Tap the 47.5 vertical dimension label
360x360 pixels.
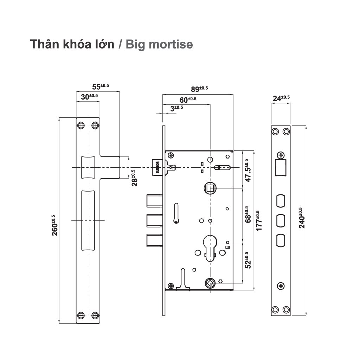pyautogui.click(x=248, y=171)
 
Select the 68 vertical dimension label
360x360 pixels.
pyautogui.click(x=248, y=214)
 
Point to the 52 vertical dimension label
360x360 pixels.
pyautogui.click(x=248, y=260)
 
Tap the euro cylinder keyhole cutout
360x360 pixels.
pyautogui.click(x=210, y=248)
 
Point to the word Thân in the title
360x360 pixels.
pyautogui.click(x=44, y=45)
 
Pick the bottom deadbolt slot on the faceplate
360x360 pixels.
pyautogui.click(x=281, y=241)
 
